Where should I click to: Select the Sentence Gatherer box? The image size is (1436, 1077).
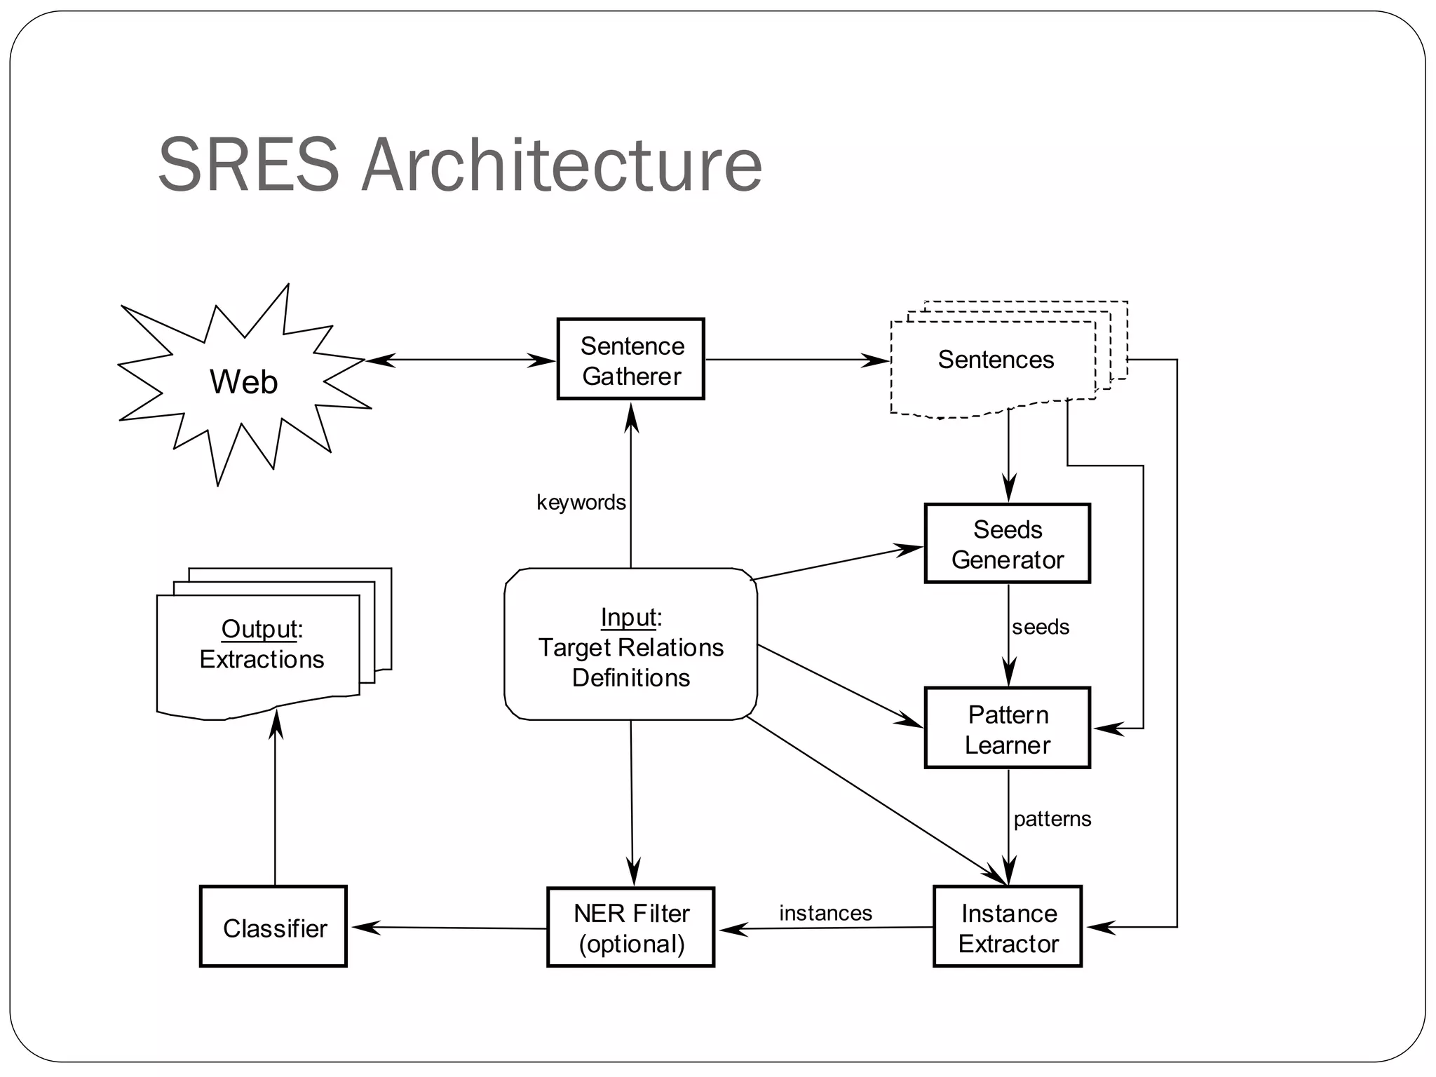pyautogui.click(x=631, y=360)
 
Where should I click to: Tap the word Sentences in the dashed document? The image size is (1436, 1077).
pyautogui.click(x=996, y=360)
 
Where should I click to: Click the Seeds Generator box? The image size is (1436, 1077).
pyautogui.click(x=1008, y=544)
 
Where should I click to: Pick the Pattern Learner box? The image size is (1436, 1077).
pyautogui.click(x=1008, y=729)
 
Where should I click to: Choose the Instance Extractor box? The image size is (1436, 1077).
pyautogui.click(x=1008, y=928)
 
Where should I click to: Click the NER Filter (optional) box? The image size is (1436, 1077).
pyautogui.click(x=631, y=928)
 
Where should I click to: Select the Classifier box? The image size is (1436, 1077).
pyautogui.click(x=273, y=928)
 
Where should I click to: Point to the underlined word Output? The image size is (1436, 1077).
pyautogui.click(x=259, y=629)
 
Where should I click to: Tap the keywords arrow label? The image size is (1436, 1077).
pyautogui.click(x=581, y=502)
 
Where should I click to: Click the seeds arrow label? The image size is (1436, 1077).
pyautogui.click(x=1040, y=627)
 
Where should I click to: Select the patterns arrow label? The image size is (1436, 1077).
pyautogui.click(x=1052, y=818)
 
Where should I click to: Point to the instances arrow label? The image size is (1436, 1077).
pyautogui.click(x=825, y=913)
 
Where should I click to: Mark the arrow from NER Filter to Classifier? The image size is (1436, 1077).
pyautogui.click(x=449, y=928)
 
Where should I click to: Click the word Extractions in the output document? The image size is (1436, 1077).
pyautogui.click(x=262, y=659)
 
